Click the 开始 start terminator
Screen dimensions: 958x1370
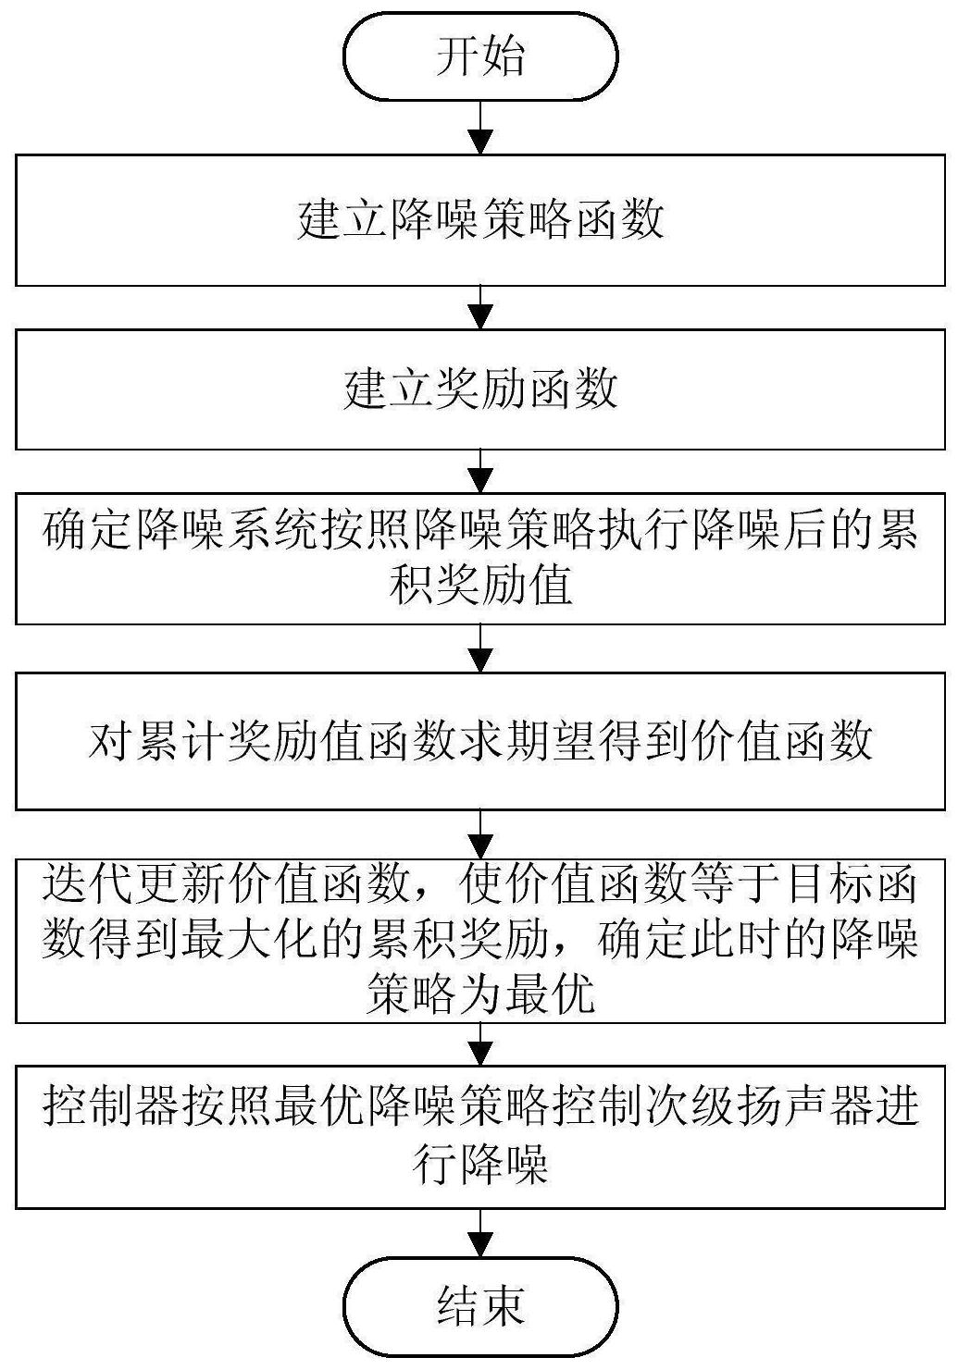[479, 56]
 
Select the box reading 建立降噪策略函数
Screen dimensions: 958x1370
[479, 220]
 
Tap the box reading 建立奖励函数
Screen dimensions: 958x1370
[479, 389]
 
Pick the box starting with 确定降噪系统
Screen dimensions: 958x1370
[479, 559]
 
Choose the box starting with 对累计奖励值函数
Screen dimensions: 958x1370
[479, 741]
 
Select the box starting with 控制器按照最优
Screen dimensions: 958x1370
[479, 1138]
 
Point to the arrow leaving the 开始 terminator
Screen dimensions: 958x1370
[480, 128]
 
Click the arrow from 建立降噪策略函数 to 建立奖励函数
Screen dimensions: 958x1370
[480, 308]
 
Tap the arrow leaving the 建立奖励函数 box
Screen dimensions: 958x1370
[480, 472]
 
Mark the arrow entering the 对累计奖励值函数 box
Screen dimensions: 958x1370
[480, 648]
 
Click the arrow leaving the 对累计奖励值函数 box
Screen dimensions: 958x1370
[480, 834]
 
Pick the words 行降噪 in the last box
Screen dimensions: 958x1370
[480, 1165]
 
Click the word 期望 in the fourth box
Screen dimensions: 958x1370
[575, 741]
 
